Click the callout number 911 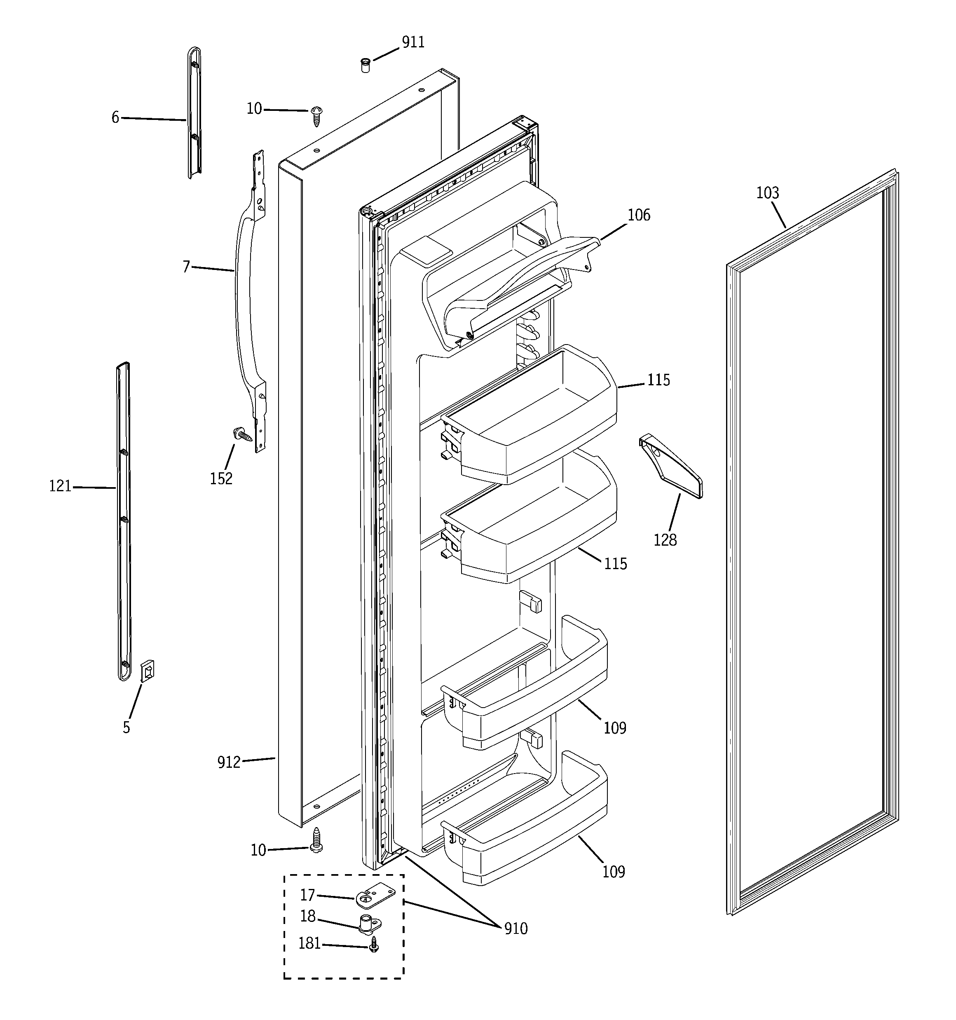click(x=412, y=42)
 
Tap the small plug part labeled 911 click(x=366, y=66)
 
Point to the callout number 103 click(x=767, y=193)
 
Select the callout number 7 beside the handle click(x=186, y=266)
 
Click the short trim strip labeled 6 click(x=194, y=113)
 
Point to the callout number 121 click(x=60, y=486)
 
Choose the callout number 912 click(x=228, y=762)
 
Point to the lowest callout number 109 click(x=613, y=872)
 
